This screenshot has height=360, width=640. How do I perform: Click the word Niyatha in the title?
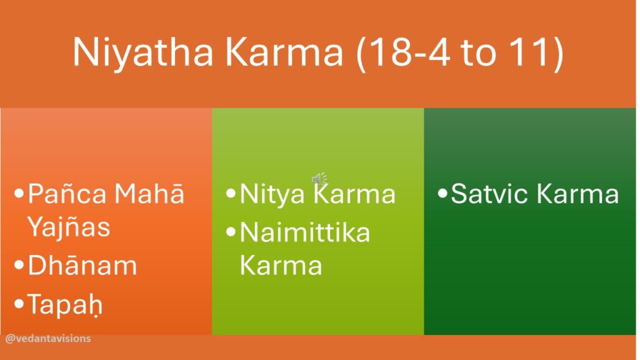143,52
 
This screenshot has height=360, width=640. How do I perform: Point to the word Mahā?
149,194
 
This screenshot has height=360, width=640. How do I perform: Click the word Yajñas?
69,227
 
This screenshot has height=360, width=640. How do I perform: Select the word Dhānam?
82,266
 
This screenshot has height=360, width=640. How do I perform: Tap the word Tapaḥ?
65,305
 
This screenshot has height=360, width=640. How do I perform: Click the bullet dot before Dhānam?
19,265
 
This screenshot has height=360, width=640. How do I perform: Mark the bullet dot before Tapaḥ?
19,304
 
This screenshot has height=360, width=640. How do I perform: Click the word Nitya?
272,194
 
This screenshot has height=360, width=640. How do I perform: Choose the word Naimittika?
305,232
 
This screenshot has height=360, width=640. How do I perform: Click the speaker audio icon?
319,179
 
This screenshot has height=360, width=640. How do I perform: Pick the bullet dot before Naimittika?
231,232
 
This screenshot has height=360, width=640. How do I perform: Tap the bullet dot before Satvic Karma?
442,193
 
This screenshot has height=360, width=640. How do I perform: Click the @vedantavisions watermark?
48,338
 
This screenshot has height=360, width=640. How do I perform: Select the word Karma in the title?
284,52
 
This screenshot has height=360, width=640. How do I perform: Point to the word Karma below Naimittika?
281,266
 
